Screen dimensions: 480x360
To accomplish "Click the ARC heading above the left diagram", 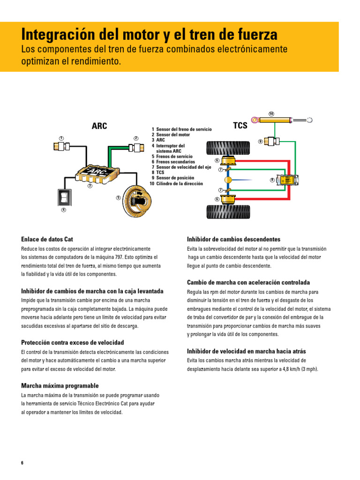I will coord(99,126).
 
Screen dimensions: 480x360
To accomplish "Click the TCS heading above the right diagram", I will coord(240,126).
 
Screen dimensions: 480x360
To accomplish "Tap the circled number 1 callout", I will coord(61,137).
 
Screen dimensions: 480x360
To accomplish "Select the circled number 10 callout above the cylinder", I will coord(271,114).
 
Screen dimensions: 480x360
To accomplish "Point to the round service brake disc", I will coord(136,200).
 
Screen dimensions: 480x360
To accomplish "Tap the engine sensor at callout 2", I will coord(136,148).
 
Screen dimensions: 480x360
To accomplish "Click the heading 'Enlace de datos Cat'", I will coord(47,239).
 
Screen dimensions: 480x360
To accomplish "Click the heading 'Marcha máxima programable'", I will coord(60,385).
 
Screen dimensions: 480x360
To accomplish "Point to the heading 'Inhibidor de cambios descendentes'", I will coord(233,239).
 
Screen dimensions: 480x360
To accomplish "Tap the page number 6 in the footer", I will coord(22,463).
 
